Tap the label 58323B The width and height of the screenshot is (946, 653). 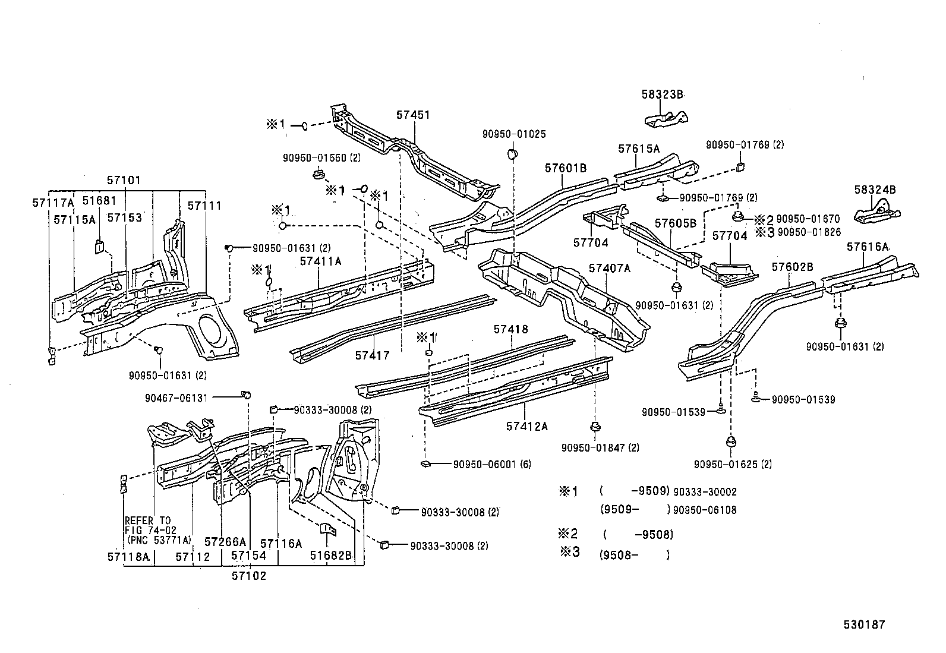663,94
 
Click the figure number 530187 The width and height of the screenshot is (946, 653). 865,624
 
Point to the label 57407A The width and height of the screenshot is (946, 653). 609,268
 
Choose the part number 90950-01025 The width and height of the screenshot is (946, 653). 514,134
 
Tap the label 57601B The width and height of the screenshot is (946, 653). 566,168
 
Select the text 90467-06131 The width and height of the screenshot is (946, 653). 176,398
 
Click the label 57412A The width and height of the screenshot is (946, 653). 527,426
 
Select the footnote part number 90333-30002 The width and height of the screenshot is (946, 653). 705,491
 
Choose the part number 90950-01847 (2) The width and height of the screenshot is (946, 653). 600,447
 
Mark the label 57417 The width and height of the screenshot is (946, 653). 373,355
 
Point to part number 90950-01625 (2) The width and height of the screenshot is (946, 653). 733,464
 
